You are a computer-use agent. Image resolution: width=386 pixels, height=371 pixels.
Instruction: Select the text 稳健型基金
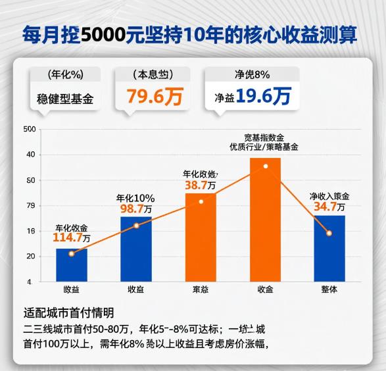coord(65,100)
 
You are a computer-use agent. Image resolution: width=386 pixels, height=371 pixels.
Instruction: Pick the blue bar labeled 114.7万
coord(71,264)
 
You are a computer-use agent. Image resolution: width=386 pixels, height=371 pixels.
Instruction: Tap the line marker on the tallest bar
coord(266,166)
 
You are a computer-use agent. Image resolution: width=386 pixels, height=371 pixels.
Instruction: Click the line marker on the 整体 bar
coord(329,233)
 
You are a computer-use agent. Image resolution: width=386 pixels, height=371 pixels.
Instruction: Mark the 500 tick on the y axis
coord(29,129)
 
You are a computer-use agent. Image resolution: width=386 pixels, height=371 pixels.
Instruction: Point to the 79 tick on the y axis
coord(30,205)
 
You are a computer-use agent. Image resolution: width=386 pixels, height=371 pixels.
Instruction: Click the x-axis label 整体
coord(329,289)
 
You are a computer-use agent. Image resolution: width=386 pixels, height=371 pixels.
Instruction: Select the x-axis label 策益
coord(201,289)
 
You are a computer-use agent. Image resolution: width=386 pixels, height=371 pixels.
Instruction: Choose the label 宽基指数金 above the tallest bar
coord(264,137)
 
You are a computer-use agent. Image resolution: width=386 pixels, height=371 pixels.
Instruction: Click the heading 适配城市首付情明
coord(68,312)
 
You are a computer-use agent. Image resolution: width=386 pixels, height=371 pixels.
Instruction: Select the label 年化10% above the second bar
coord(135,197)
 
